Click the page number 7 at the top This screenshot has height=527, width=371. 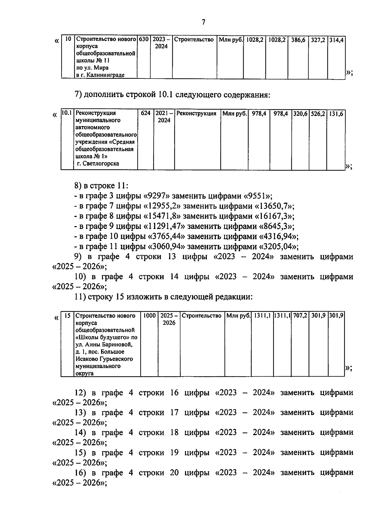[203, 22]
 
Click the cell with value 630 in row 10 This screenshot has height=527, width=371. [144, 40]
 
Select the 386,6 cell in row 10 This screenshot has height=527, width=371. [298, 40]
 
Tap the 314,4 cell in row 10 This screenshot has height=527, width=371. [336, 40]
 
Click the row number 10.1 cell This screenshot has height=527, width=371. [67, 113]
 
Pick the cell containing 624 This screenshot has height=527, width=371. [146, 113]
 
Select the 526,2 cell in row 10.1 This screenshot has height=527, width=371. [318, 114]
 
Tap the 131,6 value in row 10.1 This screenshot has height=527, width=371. [336, 114]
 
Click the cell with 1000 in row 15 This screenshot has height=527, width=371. [150, 316]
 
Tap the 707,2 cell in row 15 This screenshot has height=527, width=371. [300, 316]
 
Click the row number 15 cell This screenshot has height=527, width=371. [67, 316]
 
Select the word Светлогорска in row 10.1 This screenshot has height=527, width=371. [101, 164]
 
